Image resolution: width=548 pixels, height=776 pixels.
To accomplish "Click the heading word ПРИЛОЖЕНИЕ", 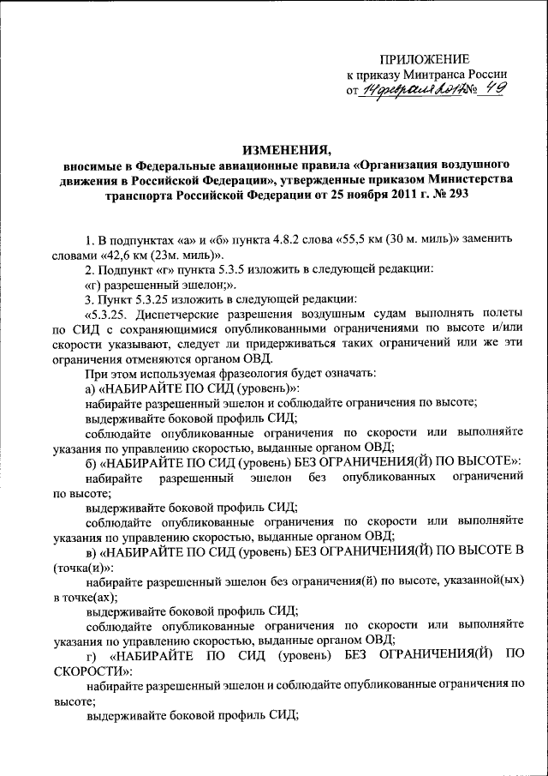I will [425, 59].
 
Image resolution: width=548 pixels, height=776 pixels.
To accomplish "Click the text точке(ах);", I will [91, 597].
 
